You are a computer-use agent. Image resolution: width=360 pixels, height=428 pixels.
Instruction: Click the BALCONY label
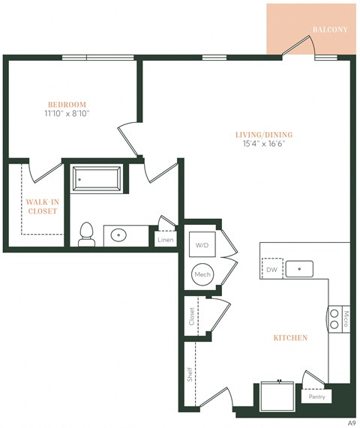(330, 30)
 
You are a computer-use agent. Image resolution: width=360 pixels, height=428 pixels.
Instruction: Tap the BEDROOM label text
(67, 104)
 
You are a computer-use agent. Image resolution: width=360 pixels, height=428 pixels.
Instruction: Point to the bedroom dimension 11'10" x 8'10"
(67, 115)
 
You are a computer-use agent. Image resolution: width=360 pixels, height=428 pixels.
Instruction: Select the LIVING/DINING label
(260, 134)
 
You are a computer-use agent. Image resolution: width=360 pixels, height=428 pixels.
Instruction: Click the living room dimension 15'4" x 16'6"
(260, 144)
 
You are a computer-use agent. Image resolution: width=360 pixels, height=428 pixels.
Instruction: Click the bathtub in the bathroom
(97, 179)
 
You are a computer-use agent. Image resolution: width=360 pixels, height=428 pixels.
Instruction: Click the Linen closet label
(166, 239)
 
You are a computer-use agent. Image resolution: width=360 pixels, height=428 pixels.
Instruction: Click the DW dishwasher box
(271, 268)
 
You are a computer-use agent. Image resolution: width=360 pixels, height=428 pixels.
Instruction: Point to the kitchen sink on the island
(303, 268)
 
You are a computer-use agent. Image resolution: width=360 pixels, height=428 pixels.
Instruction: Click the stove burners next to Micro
(334, 322)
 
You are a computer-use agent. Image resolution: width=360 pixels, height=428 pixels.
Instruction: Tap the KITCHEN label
(289, 338)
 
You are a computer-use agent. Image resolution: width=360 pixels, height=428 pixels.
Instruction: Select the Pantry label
(316, 398)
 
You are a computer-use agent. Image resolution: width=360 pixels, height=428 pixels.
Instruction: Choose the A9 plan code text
(350, 422)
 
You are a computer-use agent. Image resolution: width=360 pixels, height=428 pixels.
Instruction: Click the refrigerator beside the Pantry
(278, 395)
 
